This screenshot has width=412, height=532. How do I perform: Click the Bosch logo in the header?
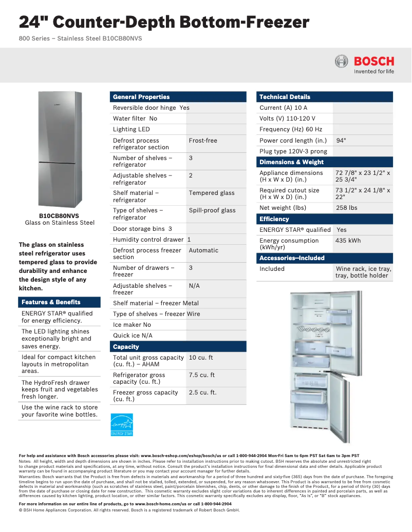[x=364, y=64]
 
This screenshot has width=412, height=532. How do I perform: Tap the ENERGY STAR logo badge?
[x=122, y=425]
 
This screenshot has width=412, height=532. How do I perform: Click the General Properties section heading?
[x=141, y=97]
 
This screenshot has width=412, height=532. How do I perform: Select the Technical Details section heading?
[x=285, y=97]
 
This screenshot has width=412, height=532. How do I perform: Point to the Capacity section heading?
[x=126, y=347]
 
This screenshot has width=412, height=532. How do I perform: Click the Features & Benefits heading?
[x=51, y=302]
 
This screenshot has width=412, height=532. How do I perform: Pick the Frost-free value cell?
[x=203, y=141]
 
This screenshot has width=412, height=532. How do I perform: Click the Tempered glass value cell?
[x=211, y=193]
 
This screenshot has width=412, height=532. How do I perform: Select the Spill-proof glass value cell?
[x=212, y=210]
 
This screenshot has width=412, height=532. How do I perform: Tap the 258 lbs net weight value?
[x=346, y=208]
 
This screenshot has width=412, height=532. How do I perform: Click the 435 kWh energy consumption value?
[x=348, y=241]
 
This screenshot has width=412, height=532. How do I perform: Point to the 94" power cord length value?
[x=341, y=141]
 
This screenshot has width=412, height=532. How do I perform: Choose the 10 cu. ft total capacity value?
[x=201, y=358]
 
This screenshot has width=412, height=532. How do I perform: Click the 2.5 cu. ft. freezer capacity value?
[x=202, y=392]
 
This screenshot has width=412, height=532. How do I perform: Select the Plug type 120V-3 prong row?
[x=293, y=151]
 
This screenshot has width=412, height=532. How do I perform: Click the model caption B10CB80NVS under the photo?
[x=60, y=216]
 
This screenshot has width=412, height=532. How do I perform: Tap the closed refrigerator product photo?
[x=60, y=149]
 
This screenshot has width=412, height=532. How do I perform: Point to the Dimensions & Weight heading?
[x=291, y=162]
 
